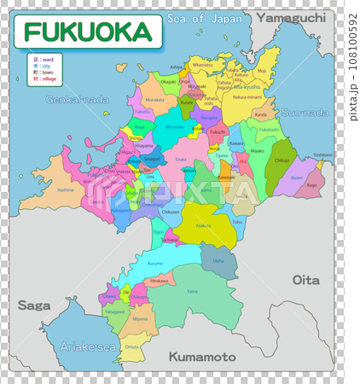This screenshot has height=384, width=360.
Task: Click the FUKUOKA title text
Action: tap(87, 32)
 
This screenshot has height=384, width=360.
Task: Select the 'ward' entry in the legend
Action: tap(44, 59)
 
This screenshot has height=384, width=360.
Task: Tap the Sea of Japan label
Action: tap(199, 18)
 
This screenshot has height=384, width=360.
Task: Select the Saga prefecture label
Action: tap(33, 305)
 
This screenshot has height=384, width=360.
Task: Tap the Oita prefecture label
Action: tap(305, 279)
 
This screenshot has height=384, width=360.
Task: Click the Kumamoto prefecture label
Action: tap(200, 355)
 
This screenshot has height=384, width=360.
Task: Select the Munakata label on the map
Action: tap(154, 100)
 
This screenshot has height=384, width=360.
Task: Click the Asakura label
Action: tap(203, 226)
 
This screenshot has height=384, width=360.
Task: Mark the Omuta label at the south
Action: tap(131, 346)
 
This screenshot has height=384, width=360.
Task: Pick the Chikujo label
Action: tap(282, 160)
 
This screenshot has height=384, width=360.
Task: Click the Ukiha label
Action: tap(218, 260)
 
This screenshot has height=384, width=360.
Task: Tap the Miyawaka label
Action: tap(174, 127)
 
